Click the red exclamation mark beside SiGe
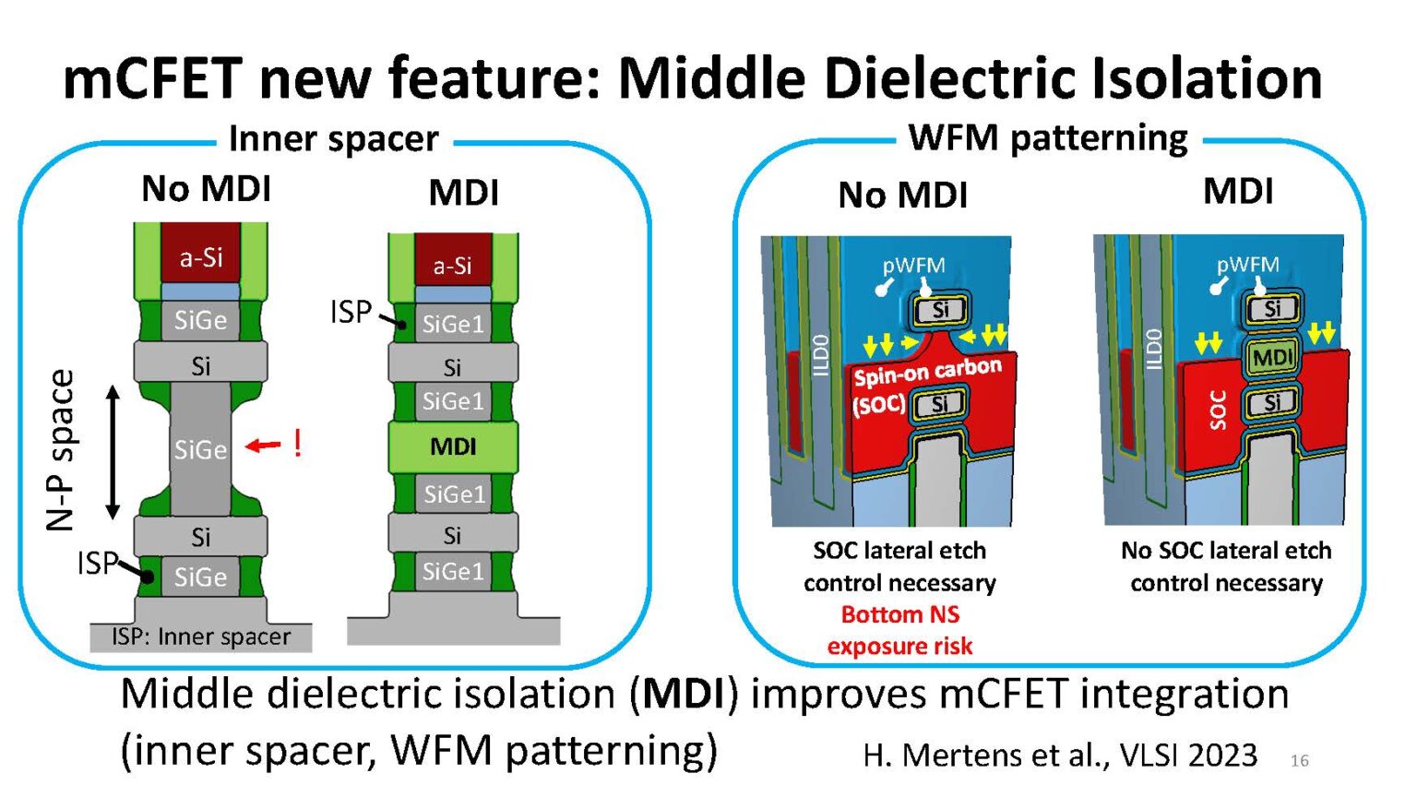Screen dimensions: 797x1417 pos(297,444)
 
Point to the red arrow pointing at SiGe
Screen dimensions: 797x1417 pos(263,446)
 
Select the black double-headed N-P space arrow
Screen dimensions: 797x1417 pos(113,452)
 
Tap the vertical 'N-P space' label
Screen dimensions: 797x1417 pos(61,450)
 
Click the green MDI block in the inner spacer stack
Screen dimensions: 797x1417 pos(453,446)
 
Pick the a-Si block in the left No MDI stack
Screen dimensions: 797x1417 pos(201,256)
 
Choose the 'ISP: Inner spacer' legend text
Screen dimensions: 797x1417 pos(201,636)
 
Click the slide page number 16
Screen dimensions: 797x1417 pos(1299,760)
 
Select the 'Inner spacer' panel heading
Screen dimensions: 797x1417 pos(333,138)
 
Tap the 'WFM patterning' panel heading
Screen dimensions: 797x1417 pos(1048,137)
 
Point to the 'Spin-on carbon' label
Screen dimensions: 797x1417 pos(927,371)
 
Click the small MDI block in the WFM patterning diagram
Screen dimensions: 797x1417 pos(1272,356)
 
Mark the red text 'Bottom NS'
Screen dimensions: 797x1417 pos(899,614)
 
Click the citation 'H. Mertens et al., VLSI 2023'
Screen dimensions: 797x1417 pos(1060,755)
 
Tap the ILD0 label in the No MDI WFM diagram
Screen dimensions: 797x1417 pos(821,355)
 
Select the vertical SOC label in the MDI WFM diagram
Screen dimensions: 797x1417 pos(1217,410)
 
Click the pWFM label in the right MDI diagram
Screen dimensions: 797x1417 pos(1247,265)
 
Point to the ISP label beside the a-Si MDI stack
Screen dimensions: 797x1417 pos(351,312)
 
